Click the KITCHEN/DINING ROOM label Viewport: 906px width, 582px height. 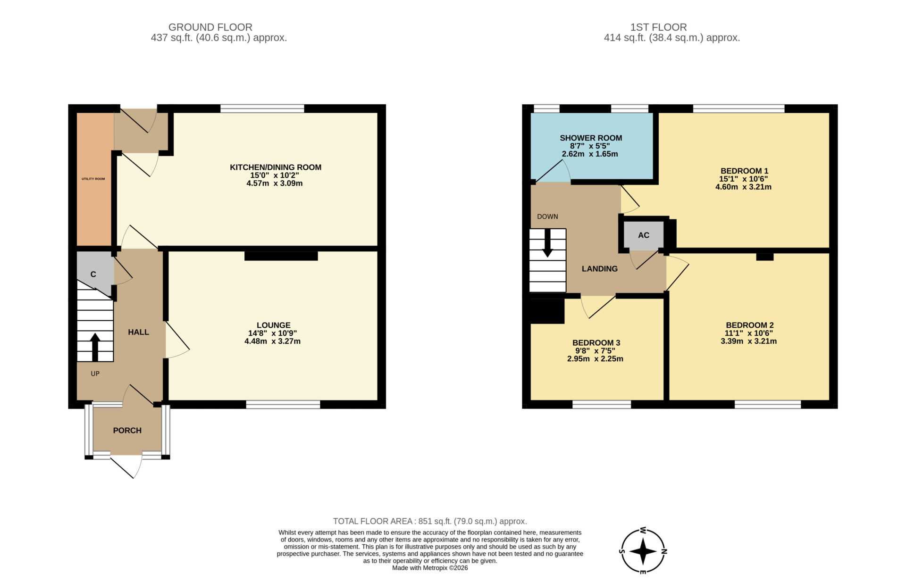(x=276, y=167)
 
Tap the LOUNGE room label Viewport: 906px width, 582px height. (x=274, y=325)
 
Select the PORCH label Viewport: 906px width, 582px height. (x=127, y=430)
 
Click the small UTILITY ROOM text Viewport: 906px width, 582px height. (x=93, y=179)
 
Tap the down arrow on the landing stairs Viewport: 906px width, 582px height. (x=547, y=243)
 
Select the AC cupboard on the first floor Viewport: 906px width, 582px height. (x=644, y=235)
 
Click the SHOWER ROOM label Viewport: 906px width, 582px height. (x=591, y=138)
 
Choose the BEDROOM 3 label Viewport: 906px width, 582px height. (x=596, y=343)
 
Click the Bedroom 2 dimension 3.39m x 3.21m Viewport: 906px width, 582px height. (x=748, y=341)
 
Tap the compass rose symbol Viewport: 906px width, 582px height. (x=643, y=550)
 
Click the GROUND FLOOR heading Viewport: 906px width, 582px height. (x=210, y=27)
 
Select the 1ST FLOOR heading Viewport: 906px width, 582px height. (x=658, y=27)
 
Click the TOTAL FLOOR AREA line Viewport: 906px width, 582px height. (x=430, y=521)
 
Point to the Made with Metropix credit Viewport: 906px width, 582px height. (x=430, y=568)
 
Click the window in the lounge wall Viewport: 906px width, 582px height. (x=283, y=404)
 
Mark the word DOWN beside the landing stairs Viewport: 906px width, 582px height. (x=547, y=216)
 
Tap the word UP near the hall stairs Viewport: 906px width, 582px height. (x=95, y=374)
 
